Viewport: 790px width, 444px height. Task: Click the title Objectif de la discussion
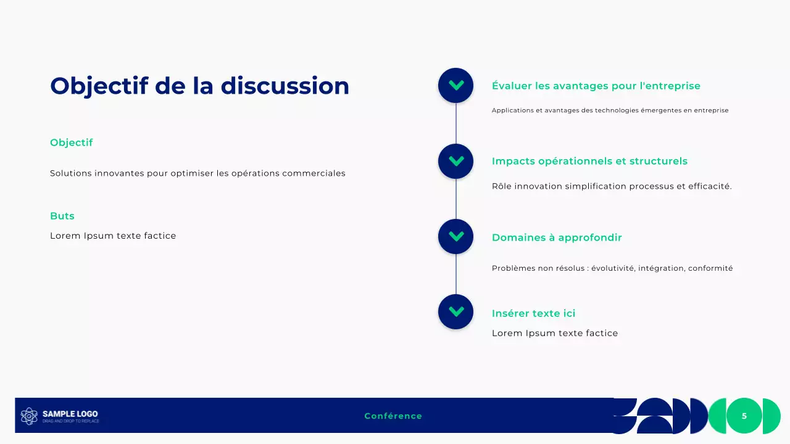point(199,86)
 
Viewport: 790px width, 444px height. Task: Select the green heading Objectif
point(71,142)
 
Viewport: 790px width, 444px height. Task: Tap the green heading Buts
point(62,216)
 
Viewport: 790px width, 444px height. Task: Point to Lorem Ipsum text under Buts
point(113,236)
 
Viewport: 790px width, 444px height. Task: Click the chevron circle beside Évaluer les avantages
point(455,85)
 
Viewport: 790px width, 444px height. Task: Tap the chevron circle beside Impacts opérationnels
point(455,161)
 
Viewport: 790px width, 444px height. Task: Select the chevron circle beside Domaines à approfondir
point(455,236)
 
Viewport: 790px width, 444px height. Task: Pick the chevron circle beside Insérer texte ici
point(455,311)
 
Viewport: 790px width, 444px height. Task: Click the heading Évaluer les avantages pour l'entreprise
point(596,86)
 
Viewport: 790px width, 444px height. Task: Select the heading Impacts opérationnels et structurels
point(589,161)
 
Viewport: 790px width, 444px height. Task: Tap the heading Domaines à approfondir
point(556,237)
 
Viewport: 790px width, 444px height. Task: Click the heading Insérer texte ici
point(533,313)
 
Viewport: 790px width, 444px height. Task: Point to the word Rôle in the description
point(502,186)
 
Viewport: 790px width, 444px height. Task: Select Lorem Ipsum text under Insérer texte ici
point(554,333)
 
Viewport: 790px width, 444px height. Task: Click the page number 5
point(744,416)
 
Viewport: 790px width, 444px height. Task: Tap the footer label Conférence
point(393,416)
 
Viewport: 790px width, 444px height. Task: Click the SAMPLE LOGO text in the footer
point(70,414)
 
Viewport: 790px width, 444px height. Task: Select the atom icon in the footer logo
point(29,416)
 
